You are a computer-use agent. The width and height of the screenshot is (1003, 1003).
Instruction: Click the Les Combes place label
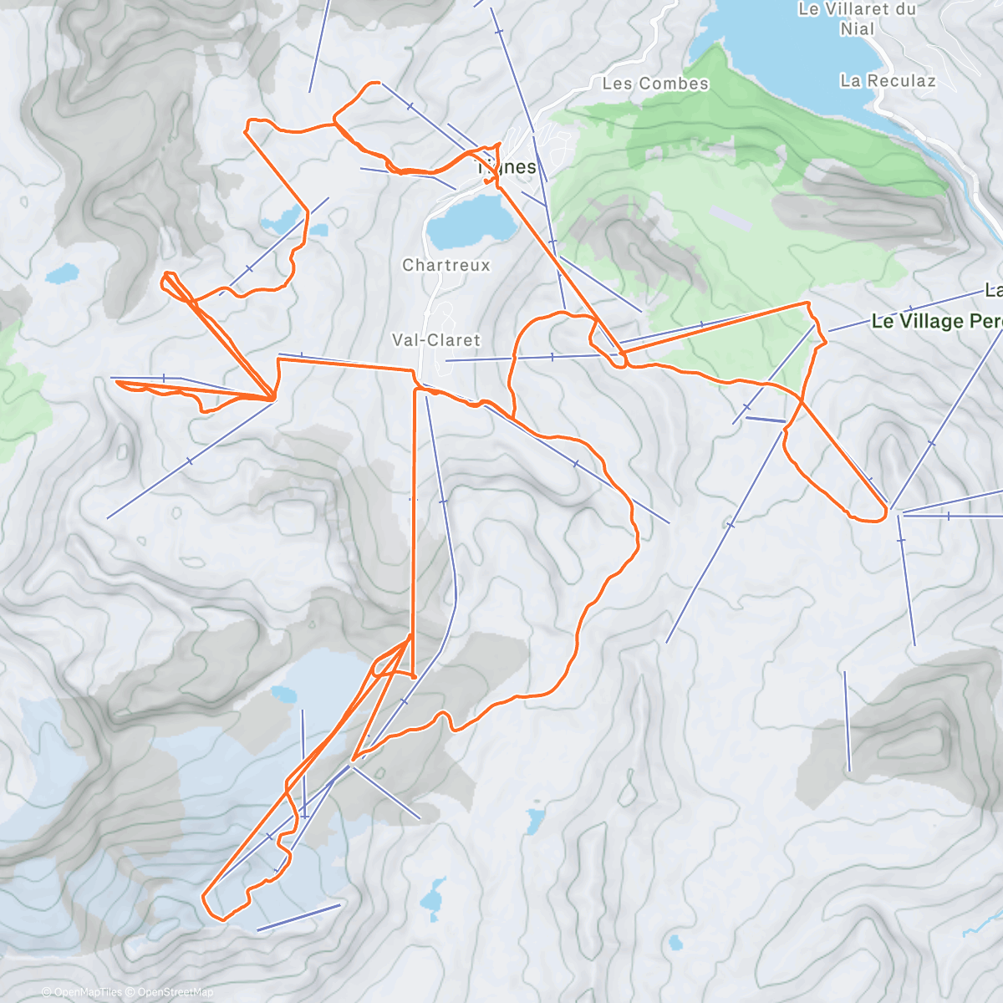655,84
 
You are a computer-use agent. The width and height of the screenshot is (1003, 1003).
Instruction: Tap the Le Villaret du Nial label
858,18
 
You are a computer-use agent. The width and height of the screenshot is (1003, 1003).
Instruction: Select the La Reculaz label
888,81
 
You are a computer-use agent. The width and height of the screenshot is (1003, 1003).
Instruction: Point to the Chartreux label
446,265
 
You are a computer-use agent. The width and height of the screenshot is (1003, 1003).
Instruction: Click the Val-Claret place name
436,340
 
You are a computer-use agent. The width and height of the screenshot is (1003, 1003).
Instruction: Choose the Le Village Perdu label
936,321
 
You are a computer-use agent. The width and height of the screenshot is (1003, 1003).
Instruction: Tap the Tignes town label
509,167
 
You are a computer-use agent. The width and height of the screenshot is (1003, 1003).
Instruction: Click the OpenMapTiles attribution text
81,992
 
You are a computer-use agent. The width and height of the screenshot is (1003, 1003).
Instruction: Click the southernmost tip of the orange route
221,919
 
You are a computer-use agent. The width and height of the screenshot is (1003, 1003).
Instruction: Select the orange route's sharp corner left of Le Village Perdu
807,303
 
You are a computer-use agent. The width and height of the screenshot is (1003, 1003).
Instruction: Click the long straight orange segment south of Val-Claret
415,518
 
